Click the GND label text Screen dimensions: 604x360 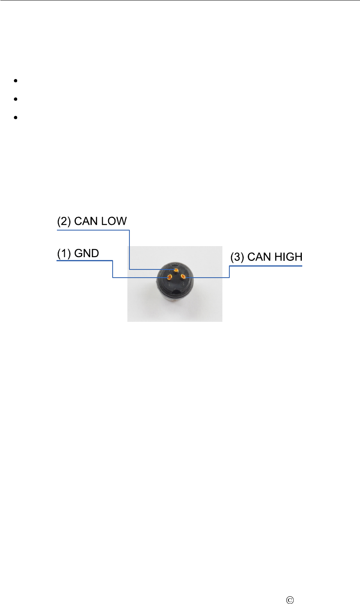(x=86, y=253)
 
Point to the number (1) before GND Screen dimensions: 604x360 (x=64, y=253)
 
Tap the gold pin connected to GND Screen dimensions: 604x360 (x=169, y=278)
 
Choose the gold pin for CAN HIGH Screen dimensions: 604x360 (x=183, y=277)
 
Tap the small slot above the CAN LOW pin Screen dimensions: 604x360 (x=176, y=265)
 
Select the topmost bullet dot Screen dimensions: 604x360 (x=15, y=81)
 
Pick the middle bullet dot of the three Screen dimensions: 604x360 (x=15, y=99)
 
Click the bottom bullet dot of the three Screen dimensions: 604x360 (x=15, y=118)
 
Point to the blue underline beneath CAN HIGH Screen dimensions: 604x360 (x=266, y=266)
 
